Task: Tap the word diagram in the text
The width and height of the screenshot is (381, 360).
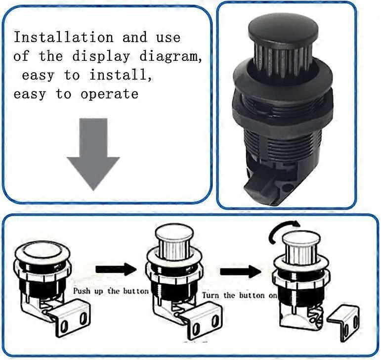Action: tap(169, 56)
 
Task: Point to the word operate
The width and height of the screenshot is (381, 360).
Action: tap(109, 94)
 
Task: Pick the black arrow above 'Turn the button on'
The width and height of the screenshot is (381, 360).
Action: tap(240, 271)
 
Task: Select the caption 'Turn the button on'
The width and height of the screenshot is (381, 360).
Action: tap(238, 295)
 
